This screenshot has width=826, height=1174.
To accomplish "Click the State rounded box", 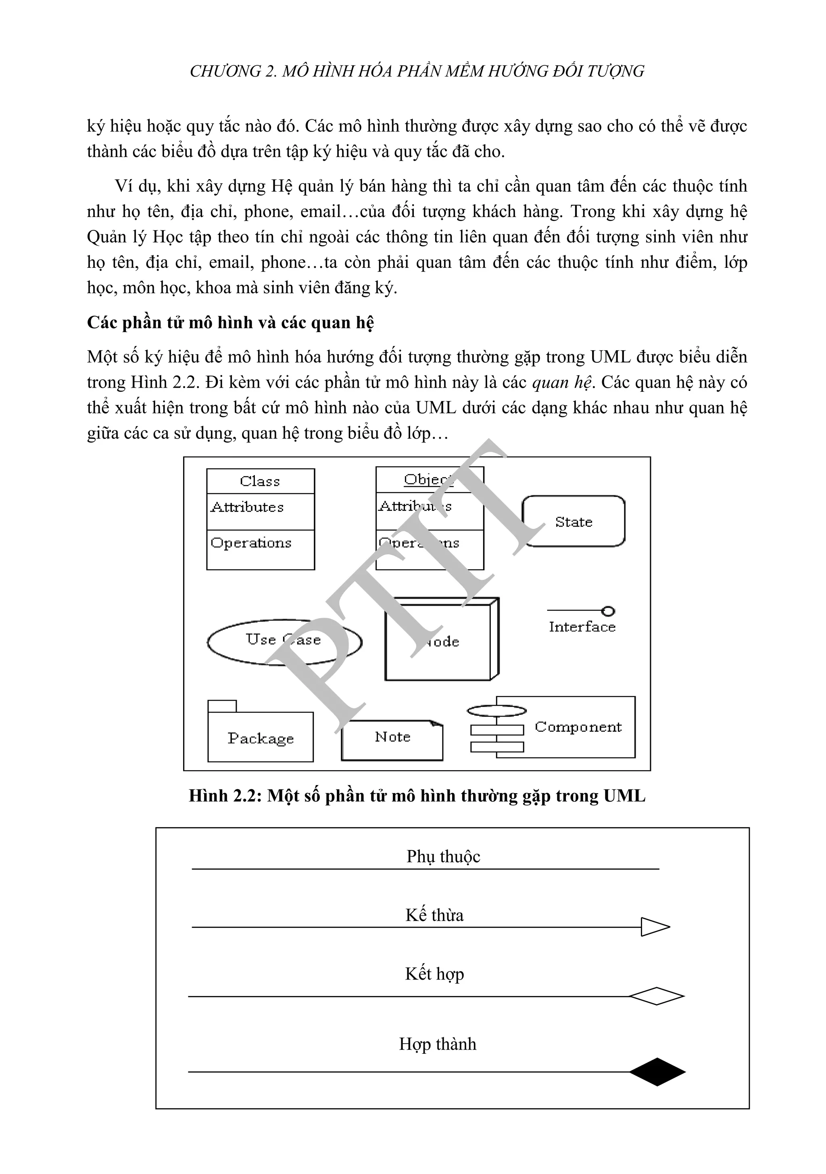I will click(x=573, y=521).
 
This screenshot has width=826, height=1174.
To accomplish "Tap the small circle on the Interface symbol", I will click(x=608, y=611).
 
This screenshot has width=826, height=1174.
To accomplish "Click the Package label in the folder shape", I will click(x=261, y=738).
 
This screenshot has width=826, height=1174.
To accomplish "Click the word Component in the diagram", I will click(x=578, y=727).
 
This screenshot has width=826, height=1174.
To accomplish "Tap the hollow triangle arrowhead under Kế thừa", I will click(x=654, y=927).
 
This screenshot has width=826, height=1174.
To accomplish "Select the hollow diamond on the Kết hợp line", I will click(x=656, y=996).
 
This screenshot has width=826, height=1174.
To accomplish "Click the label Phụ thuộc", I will click(x=443, y=856).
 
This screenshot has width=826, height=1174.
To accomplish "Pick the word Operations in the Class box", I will click(x=251, y=543).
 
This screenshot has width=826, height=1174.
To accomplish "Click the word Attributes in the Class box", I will click(x=247, y=507).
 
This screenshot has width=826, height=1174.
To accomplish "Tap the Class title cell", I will click(x=260, y=481).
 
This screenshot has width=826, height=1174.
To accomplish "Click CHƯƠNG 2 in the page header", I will click(x=233, y=71).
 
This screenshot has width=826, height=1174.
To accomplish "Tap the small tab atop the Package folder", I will click(x=222, y=706).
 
